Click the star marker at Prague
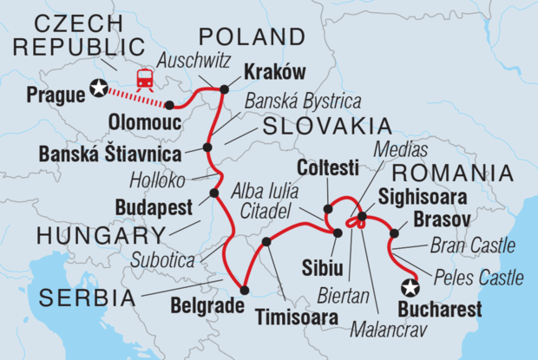pos(102,88)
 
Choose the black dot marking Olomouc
pos(169,105)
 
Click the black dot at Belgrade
pos(244,291)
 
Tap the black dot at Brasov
pos(395,232)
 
